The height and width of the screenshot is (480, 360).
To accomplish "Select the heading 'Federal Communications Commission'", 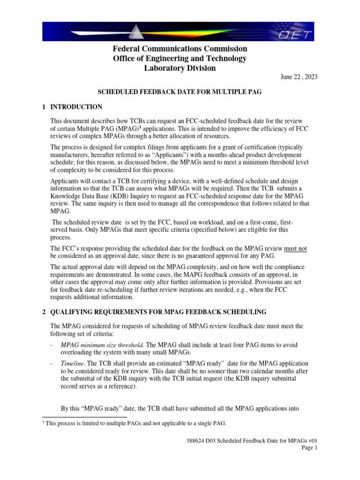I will click(180, 49).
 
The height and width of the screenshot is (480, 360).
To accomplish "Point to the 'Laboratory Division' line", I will click(180, 68).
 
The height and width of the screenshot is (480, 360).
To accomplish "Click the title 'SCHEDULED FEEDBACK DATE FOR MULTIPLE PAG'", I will click(180, 92).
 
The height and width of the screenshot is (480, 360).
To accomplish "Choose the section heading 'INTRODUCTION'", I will click(76, 107).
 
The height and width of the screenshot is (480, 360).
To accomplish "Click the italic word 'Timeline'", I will click(71, 363).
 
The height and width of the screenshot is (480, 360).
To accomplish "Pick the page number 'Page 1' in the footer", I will click(309, 448).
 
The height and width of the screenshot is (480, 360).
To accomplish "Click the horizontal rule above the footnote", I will click(84, 416).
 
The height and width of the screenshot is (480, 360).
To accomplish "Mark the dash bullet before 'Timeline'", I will click(51, 363).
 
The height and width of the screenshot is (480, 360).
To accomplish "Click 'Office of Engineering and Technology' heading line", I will click(180, 59).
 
